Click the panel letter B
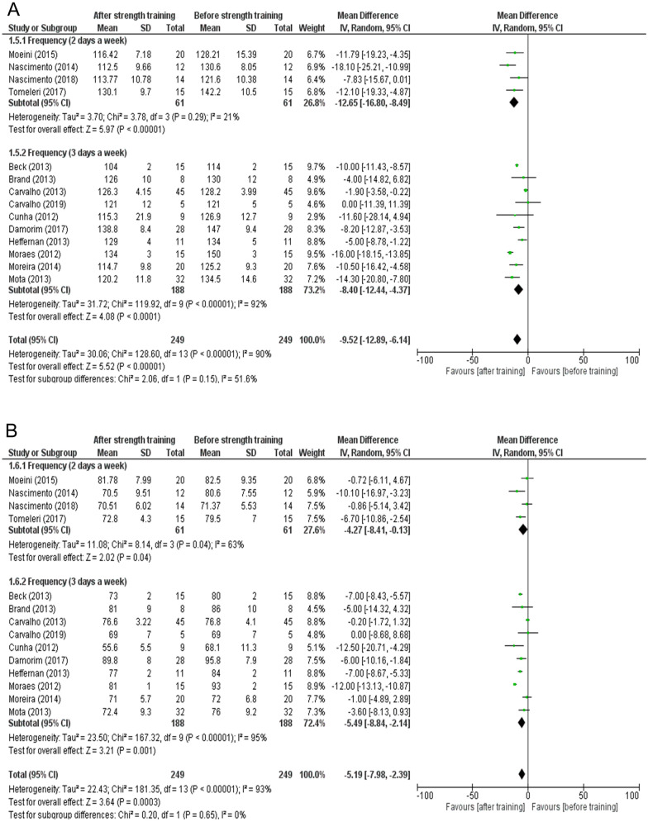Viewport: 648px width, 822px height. pos(12,430)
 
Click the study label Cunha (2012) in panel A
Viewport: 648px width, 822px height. pos(33,214)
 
